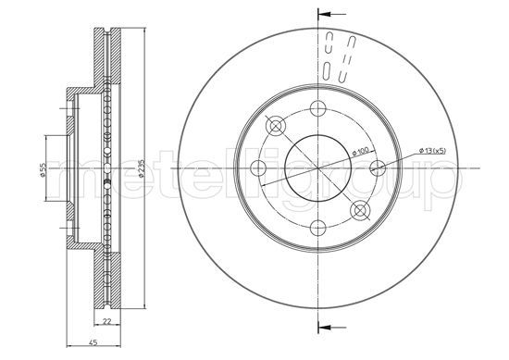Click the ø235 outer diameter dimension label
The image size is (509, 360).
click(x=142, y=168)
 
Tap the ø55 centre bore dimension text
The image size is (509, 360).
click(x=43, y=169)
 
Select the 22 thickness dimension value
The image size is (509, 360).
click(x=106, y=322)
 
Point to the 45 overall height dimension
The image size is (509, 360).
click(x=93, y=342)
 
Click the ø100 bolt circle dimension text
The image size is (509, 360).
click(x=361, y=151)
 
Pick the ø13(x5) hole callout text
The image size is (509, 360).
click(x=433, y=150)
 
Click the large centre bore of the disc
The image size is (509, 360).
click(x=317, y=168)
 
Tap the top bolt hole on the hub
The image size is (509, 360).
click(x=317, y=108)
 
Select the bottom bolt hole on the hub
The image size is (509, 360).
click(x=317, y=228)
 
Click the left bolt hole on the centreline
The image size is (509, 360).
click(x=259, y=168)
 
